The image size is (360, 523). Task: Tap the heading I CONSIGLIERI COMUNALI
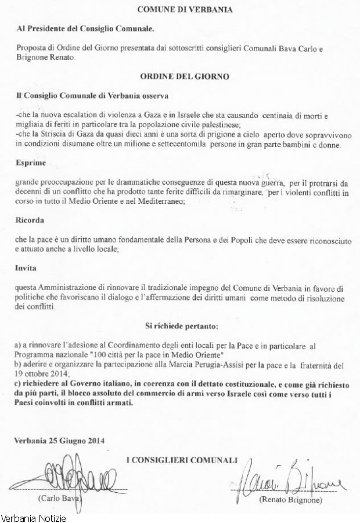[182, 460]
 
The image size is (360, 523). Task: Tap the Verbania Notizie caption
[34, 517]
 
